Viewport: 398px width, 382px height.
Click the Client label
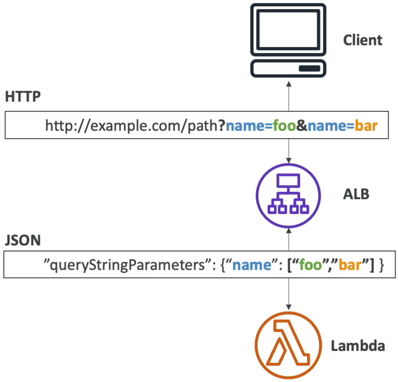(x=363, y=40)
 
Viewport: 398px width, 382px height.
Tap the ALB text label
(x=356, y=194)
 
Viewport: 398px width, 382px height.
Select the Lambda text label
(x=358, y=345)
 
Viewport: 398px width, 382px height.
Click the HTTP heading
(x=23, y=97)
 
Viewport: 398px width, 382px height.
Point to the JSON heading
(x=23, y=240)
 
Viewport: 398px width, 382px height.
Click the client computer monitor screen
(x=288, y=30)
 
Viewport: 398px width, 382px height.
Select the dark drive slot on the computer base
(x=309, y=68)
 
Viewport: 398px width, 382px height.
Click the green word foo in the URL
(x=284, y=125)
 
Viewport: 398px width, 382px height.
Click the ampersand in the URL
(x=301, y=125)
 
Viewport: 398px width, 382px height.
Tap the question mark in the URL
(x=221, y=125)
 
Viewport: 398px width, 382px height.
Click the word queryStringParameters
(x=127, y=265)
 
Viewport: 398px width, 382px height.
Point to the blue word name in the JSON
(x=252, y=265)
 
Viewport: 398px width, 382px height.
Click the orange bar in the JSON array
(x=350, y=265)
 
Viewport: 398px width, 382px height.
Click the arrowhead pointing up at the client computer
(x=288, y=84)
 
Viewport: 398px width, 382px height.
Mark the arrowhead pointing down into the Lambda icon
(x=288, y=307)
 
